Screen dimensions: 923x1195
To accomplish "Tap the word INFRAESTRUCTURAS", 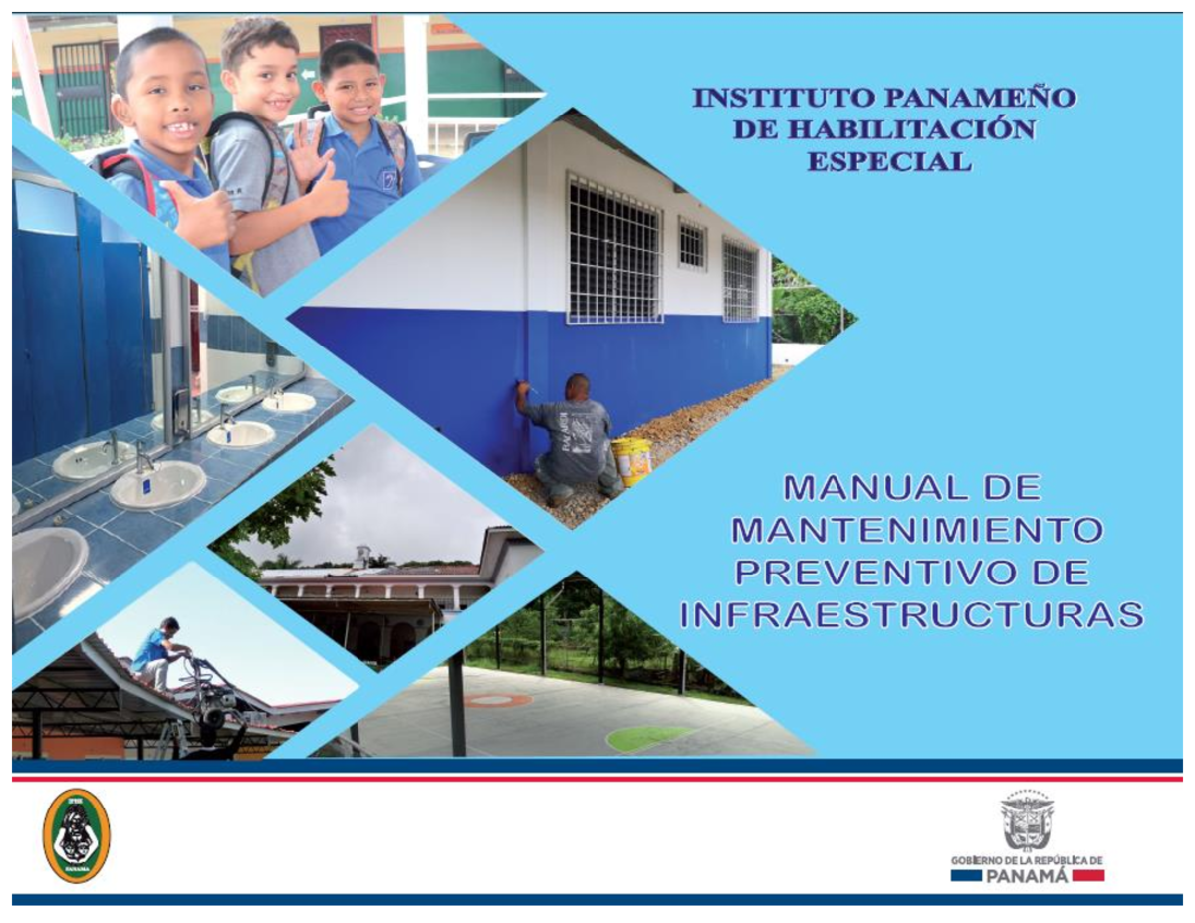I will tap(911, 615).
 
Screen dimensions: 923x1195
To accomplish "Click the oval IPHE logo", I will tap(77, 835).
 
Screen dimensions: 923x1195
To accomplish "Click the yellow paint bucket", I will tap(632, 460).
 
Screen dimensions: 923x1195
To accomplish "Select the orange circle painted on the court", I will tap(497, 701).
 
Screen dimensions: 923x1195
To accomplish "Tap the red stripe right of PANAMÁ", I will tap(1088, 876).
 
